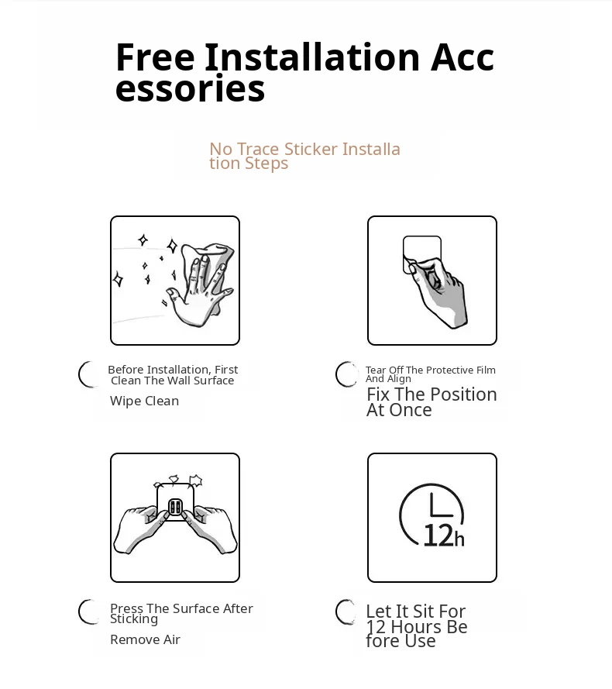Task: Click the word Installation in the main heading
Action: pos(312,57)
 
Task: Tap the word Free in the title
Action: pos(155,57)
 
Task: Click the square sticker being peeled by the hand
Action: pos(421,254)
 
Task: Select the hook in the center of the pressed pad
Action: pos(175,508)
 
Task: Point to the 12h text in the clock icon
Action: pos(444,536)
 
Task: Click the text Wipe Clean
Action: pos(145,401)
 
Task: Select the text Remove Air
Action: pos(145,639)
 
